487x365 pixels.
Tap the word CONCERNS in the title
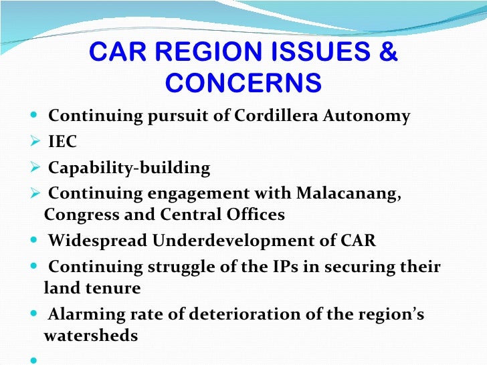pyautogui.click(x=243, y=84)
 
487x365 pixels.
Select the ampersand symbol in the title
pyautogui.click(x=387, y=53)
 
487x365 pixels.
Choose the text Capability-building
pyautogui.click(x=129, y=168)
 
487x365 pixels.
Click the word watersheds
pyautogui.click(x=91, y=336)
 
